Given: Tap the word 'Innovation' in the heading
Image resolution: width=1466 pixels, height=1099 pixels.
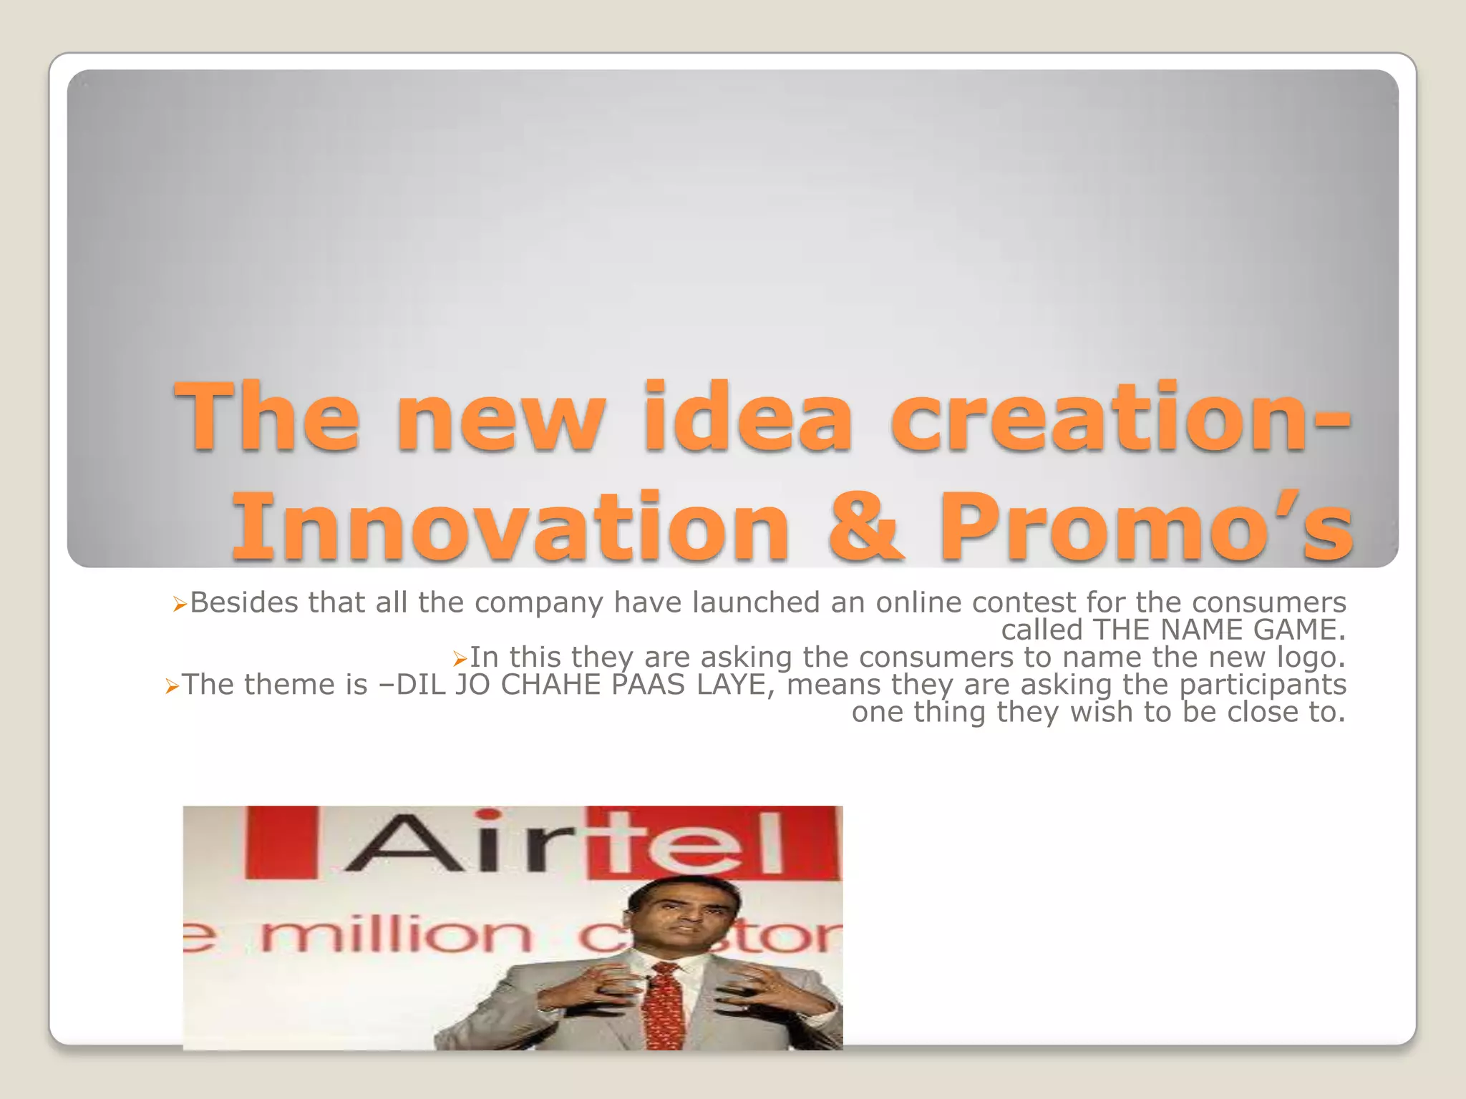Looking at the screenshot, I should pos(510,527).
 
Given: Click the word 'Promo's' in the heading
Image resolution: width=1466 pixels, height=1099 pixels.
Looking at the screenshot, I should pos(1145,527).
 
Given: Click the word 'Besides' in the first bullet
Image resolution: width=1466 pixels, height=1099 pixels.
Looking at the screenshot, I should pos(243,602).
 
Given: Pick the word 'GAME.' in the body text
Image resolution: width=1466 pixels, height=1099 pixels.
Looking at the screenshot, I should pos(1300,630).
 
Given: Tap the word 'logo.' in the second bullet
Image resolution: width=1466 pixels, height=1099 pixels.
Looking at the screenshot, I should pos(1311,658).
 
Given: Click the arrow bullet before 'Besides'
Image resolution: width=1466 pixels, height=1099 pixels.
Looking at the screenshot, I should pos(180,605).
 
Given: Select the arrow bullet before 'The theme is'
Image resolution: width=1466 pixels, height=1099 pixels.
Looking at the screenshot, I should pos(171,687).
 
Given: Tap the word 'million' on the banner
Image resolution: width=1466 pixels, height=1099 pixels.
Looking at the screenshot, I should pos(397,934).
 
